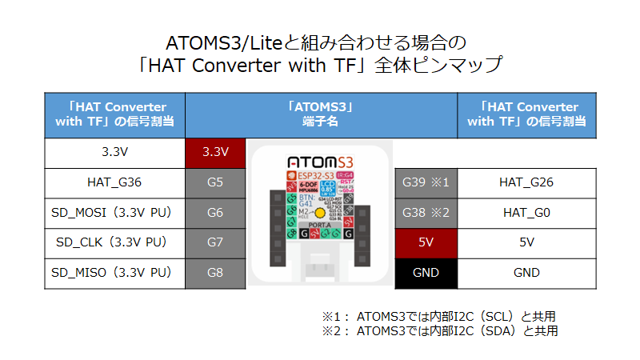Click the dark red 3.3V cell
point(215,152)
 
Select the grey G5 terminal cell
point(215,182)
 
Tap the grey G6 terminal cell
point(215,213)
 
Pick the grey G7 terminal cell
point(215,242)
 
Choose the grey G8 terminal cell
point(215,273)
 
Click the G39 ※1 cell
point(426,182)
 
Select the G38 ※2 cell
point(426,213)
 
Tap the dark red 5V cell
point(426,242)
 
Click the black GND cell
point(426,273)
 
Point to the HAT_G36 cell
point(114,182)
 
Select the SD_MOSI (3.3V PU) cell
point(114,213)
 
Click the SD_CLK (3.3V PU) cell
point(114,242)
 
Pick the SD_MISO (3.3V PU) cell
point(114,273)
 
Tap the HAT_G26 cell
point(526,182)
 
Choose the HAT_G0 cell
point(526,213)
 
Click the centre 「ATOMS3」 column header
point(321,114)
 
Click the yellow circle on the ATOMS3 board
point(320,213)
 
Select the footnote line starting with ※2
point(439,330)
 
